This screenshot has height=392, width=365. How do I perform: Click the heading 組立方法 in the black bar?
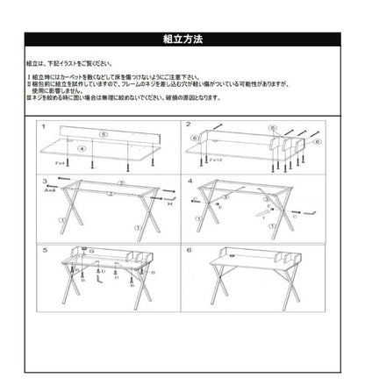pyautogui.click(x=182, y=39)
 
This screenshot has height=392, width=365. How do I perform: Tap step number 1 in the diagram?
pyautogui.click(x=44, y=126)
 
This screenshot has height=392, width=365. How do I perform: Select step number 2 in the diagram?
pyautogui.click(x=188, y=125)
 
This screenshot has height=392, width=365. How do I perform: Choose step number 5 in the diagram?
pyautogui.click(x=44, y=250)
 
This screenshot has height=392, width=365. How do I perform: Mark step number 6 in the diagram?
pyautogui.click(x=188, y=250)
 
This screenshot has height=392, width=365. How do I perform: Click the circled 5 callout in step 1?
pyautogui.click(x=104, y=135)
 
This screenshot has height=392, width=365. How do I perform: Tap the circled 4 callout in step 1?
pyautogui.click(x=82, y=149)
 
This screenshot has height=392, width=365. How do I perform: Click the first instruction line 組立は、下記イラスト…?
pyautogui.click(x=70, y=63)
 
